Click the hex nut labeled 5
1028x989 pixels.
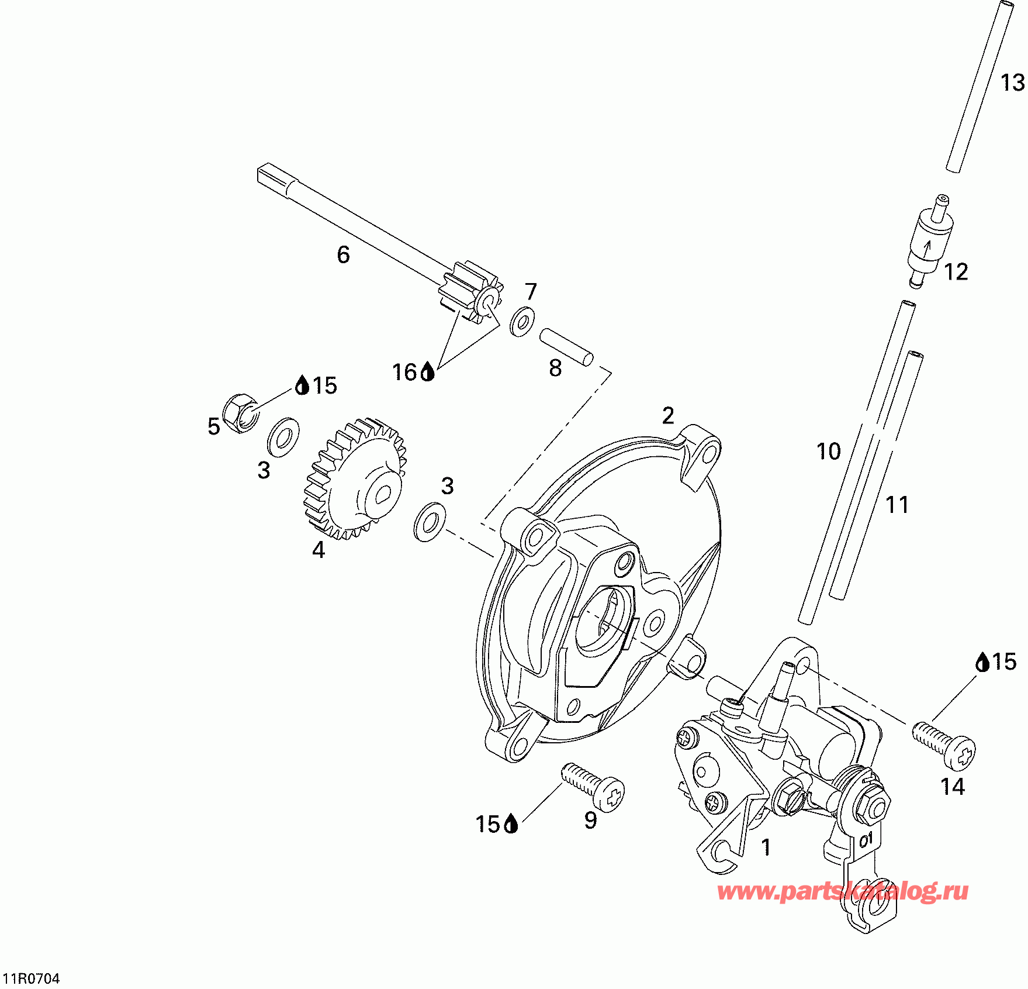click(x=241, y=411)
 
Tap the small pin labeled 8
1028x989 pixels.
click(x=566, y=347)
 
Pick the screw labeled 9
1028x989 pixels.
click(x=593, y=786)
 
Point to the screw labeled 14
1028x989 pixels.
click(x=943, y=746)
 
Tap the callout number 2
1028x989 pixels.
click(x=669, y=416)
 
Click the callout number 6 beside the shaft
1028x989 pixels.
click(x=344, y=254)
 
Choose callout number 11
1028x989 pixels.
click(x=897, y=505)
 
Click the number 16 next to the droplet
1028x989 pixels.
click(x=404, y=372)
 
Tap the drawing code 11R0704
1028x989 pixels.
click(x=32, y=978)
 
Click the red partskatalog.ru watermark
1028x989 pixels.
click(x=843, y=892)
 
